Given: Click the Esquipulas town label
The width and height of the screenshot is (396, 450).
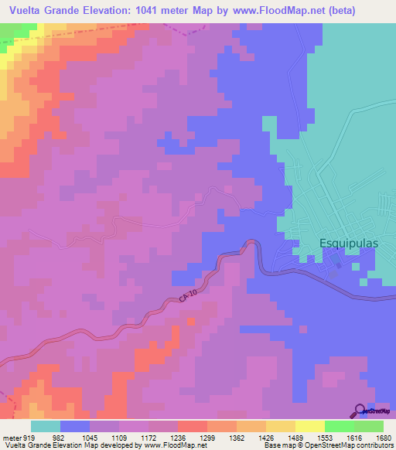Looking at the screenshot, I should point(349,243).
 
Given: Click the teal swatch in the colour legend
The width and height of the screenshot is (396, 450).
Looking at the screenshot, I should point(46,427).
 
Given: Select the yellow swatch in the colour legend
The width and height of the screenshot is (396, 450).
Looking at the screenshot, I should point(280,427).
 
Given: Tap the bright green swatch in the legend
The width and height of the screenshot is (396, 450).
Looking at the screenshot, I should point(339,427).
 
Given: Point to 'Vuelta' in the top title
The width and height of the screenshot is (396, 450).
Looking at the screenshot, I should point(26,10).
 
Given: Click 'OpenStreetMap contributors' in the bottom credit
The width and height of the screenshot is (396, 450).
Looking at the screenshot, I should point(355,445).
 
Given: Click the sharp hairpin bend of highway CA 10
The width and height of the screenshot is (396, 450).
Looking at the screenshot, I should point(252,244).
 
